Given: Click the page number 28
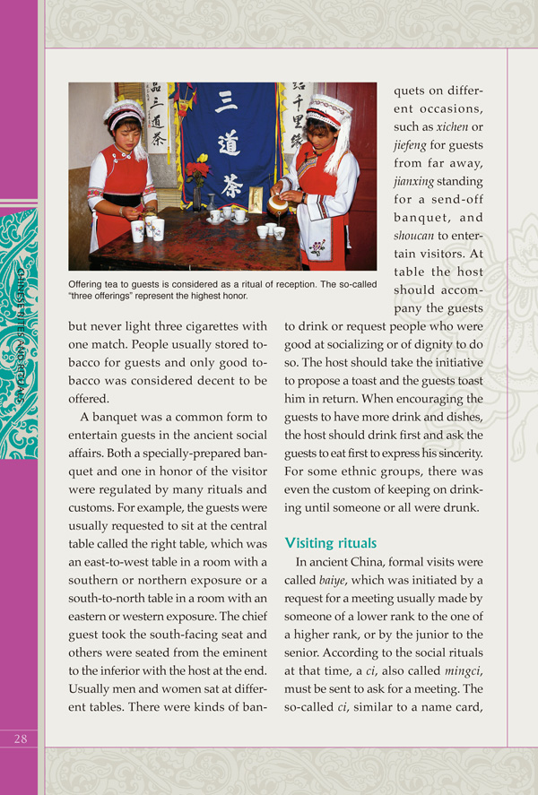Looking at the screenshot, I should point(20,738).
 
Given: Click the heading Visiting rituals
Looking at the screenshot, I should point(329,543).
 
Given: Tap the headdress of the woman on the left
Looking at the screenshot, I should point(123,114).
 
